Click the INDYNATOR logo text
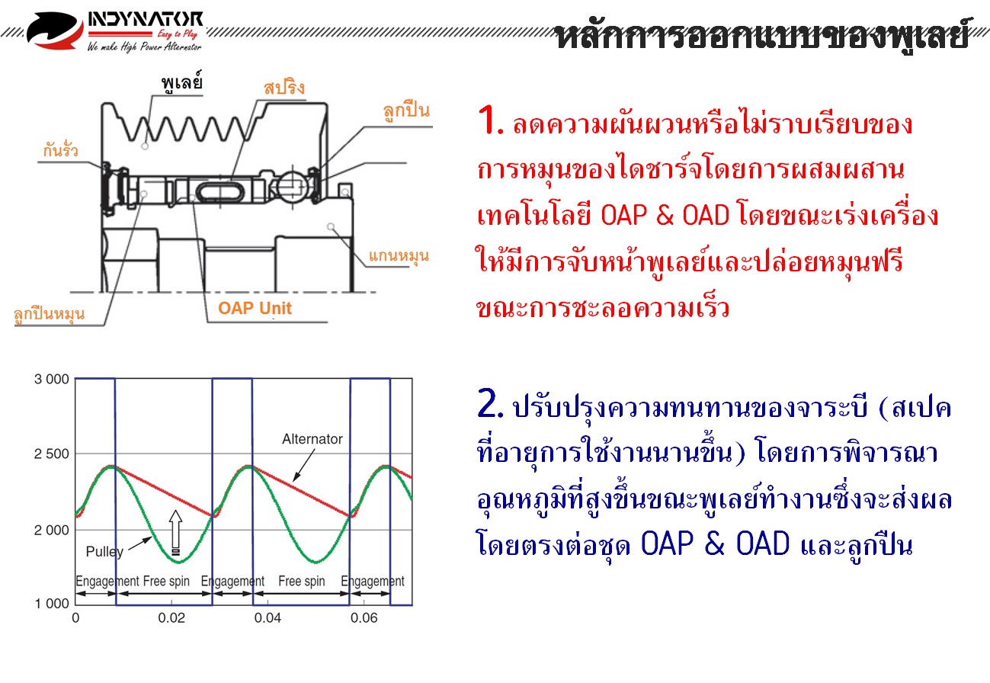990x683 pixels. pos(146,20)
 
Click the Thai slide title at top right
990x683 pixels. pos(762,34)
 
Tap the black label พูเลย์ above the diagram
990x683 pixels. pos(181,82)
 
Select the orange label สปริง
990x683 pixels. pos(284,87)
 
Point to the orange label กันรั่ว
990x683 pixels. pos(60,150)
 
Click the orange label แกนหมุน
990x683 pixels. pos(399,256)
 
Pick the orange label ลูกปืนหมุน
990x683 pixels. pos(49,314)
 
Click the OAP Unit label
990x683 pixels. pos(255,308)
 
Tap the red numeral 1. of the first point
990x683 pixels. pos(490,120)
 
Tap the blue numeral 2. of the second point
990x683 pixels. pos(490,403)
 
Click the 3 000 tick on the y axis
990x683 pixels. pos(52,380)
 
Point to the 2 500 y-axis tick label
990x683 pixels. pos(52,454)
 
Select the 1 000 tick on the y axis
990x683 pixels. pos(52,604)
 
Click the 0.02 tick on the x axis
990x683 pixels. pos(171,618)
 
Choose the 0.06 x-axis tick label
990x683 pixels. pos(364,618)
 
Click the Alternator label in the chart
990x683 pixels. pos(312,439)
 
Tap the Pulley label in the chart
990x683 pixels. pos(104,552)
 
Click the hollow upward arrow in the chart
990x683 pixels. pos(175,532)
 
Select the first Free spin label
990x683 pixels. pos(166,581)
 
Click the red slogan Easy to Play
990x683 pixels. pos(178,34)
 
